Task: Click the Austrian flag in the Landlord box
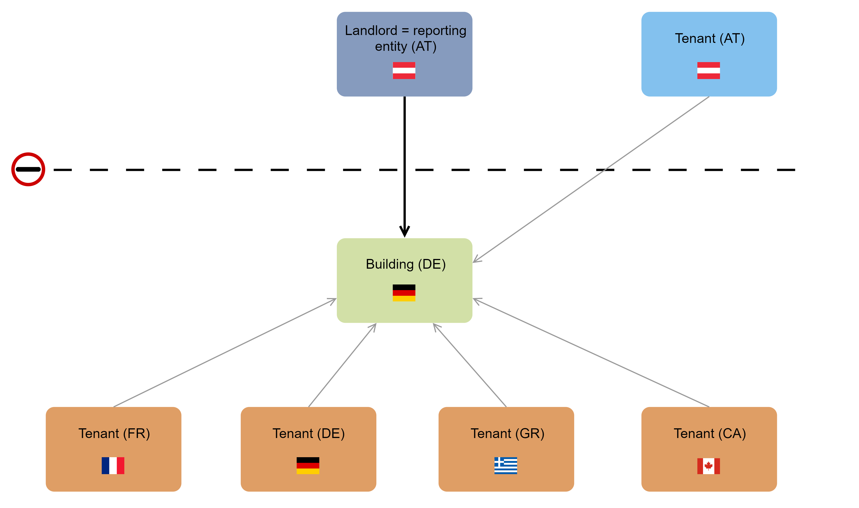coord(404,70)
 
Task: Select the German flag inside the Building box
coord(404,293)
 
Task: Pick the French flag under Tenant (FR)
coord(113,466)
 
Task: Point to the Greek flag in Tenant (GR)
coord(505,466)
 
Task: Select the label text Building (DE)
coord(406,264)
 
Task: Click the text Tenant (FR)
coord(114,433)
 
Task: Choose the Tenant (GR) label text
coord(507,433)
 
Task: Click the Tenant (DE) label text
coord(308,433)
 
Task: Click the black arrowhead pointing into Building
coord(404,231)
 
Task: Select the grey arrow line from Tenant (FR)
coord(224,353)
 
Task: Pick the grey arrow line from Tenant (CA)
coord(591,353)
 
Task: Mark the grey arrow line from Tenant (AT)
coord(591,179)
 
